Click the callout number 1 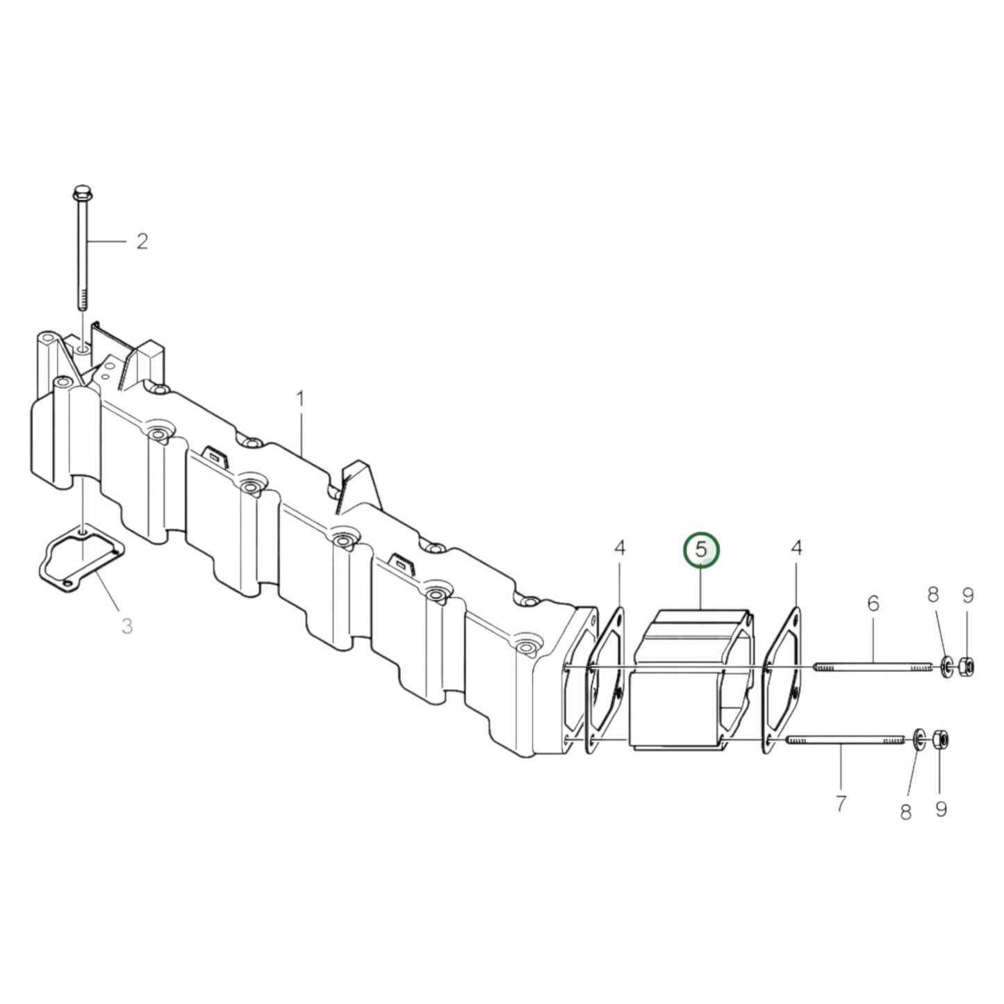300,400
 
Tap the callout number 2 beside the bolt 142,242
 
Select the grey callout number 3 126,626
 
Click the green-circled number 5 701,549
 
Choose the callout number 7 841,804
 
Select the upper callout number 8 933,594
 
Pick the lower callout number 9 941,809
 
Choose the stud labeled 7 844,741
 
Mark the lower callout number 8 905,812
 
